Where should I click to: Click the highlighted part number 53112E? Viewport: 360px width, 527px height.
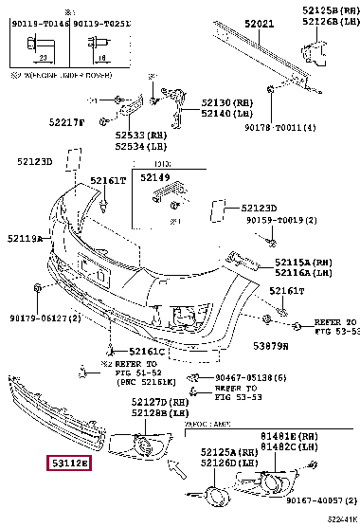pyautogui.click(x=70, y=463)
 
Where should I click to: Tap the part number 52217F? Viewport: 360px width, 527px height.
pyautogui.click(x=67, y=121)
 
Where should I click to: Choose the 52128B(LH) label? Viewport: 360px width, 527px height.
pyautogui.click(x=156, y=413)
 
